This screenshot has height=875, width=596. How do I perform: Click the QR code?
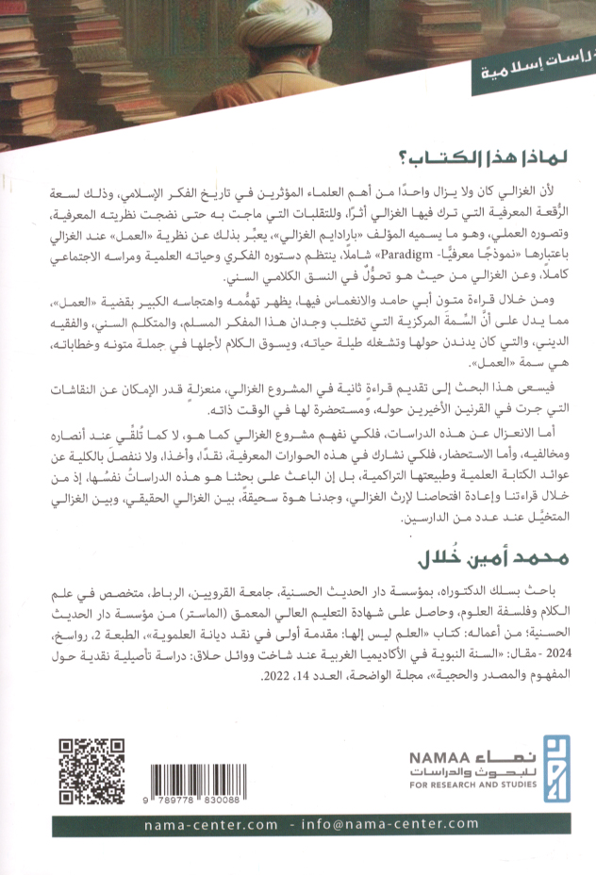click(x=91, y=772)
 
